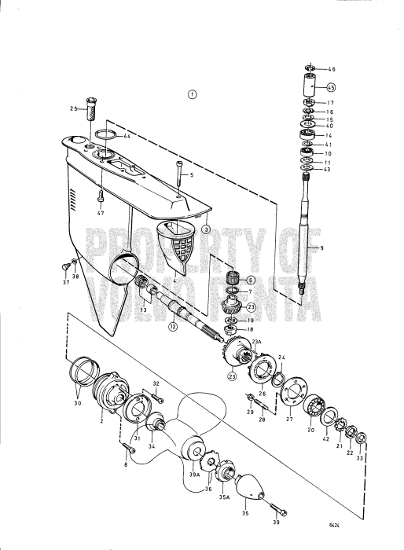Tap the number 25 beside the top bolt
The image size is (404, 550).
pos(73,108)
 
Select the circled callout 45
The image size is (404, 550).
pos(331,87)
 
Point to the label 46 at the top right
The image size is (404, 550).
pos(331,70)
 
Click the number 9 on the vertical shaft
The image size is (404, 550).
pos(321,247)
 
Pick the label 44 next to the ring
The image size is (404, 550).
pos(127,137)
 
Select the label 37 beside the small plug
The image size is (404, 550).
pos(66,283)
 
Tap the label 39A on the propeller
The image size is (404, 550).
pos(193,475)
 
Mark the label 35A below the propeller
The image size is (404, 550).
pos(224,497)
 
